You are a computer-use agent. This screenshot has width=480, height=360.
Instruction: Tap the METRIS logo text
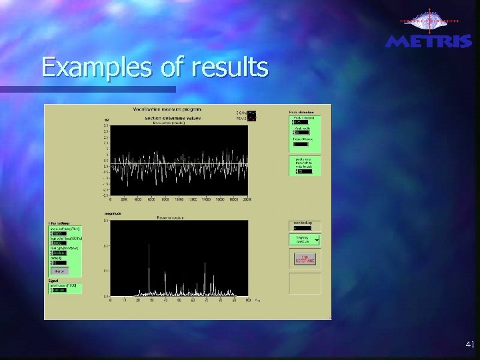[x=429, y=41]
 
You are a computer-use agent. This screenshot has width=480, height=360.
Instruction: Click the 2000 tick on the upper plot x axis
[x=247, y=199]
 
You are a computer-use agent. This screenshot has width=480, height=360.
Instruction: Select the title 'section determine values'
[x=173, y=118]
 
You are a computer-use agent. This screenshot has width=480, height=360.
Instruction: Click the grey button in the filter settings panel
[x=59, y=271]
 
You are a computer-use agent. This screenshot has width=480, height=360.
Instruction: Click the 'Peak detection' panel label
[x=300, y=111]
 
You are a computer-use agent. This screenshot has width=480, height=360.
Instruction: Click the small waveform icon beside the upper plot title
[x=251, y=115]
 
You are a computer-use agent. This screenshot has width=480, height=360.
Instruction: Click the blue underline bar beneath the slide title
[x=106, y=89]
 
